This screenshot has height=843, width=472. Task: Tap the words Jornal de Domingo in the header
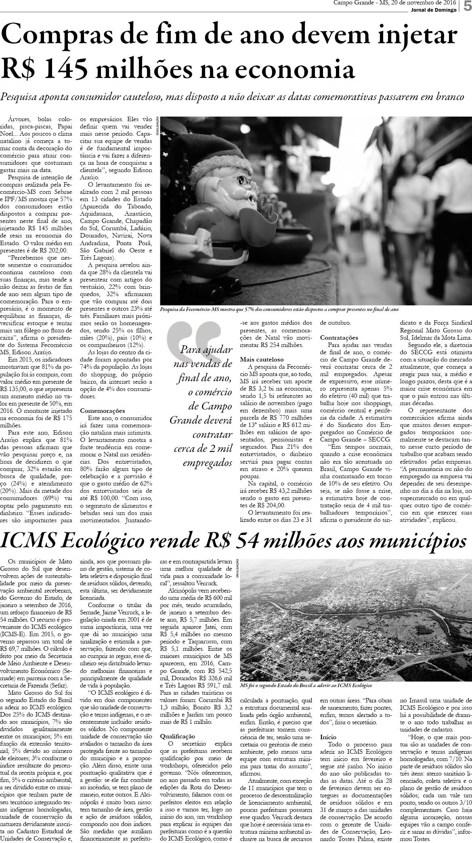click(x=437, y=10)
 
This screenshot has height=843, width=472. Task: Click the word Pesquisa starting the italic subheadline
click(x=19, y=97)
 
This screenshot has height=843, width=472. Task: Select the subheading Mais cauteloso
click(x=261, y=359)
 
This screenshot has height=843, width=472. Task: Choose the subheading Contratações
click(x=339, y=337)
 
